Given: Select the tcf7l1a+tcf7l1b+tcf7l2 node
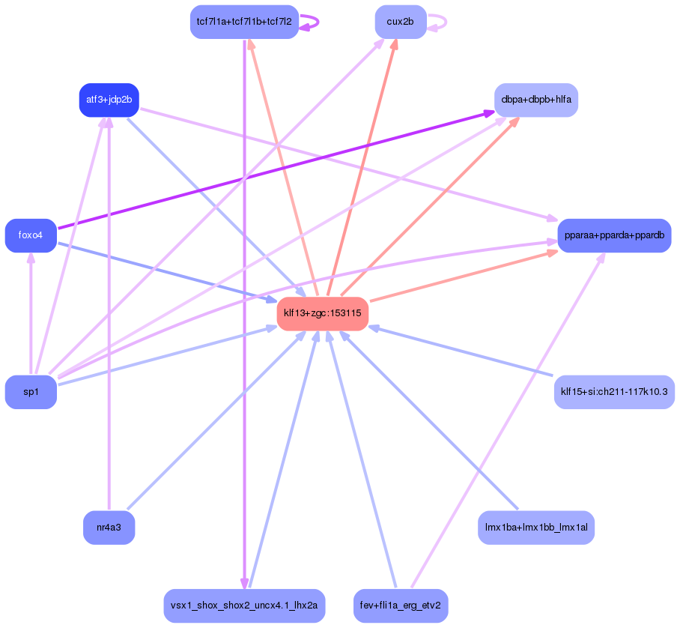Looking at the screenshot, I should pyautogui.click(x=244, y=22).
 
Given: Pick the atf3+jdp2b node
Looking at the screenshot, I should pyautogui.click(x=109, y=100).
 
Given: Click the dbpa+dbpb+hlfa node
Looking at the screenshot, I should pyautogui.click(x=536, y=100).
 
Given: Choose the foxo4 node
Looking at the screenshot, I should pyautogui.click(x=31, y=235).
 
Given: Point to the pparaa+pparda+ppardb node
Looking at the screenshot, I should pyautogui.click(x=614, y=235).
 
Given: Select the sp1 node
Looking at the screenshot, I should pyautogui.click(x=31, y=392).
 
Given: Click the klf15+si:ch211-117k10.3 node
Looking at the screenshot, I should pyautogui.click(x=614, y=392).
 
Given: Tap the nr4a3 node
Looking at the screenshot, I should pyautogui.click(x=109, y=528).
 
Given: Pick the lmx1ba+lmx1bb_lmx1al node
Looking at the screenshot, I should pyautogui.click(x=536, y=528).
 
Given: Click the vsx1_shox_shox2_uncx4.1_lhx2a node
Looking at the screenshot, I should pyautogui.click(x=244, y=606).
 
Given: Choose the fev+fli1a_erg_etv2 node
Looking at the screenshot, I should pyautogui.click(x=400, y=606).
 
